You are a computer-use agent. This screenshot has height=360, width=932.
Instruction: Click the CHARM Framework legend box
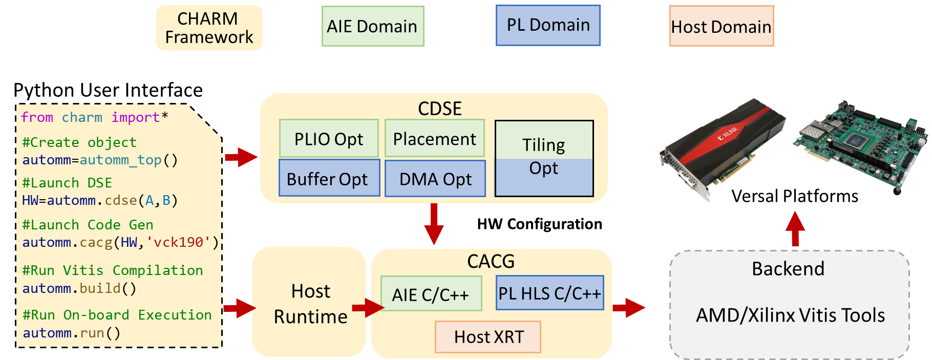coord(209,28)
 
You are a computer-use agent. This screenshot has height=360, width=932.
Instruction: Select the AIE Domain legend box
coord(372,26)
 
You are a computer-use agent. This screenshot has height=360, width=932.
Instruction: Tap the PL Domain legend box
coord(548,25)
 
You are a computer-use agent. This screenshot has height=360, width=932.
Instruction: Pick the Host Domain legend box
coord(721,26)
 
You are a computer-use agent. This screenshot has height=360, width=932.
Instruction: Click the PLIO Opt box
coord(329,138)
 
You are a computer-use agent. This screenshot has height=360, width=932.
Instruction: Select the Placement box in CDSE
coord(434,138)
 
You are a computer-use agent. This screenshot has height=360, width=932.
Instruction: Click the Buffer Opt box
coord(329,178)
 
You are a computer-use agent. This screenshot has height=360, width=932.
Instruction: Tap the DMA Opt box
coord(435,179)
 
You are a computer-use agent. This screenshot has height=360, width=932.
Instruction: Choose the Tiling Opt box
coord(544,158)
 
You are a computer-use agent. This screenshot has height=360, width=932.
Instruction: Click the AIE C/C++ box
coord(431,294)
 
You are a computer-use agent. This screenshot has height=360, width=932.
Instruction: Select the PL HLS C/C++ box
coord(549,293)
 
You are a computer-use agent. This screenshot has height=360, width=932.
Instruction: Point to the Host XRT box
coord(488,337)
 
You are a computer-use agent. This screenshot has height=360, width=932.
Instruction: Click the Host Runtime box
coord(309,303)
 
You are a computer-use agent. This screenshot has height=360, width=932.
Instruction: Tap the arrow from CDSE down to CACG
coord(434,224)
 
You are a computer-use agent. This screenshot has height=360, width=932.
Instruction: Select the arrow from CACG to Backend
coord(628,307)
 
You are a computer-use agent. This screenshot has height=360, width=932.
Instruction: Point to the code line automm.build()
coord(79,288)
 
